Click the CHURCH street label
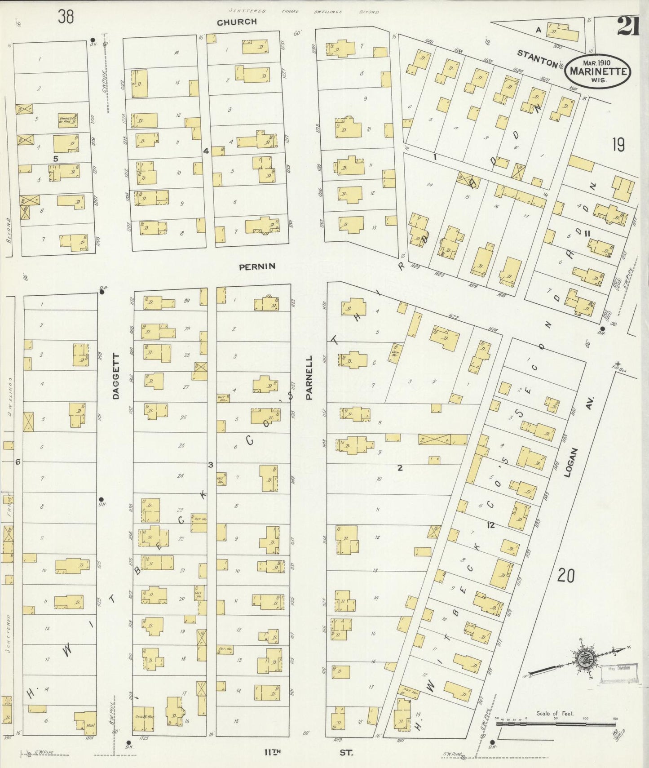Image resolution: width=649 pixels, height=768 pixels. (x=236, y=22)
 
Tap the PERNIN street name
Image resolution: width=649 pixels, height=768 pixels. (x=257, y=266)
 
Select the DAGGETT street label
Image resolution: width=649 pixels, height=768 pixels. (x=116, y=376)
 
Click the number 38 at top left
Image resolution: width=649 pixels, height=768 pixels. (x=66, y=17)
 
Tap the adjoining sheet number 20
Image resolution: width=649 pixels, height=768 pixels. (x=565, y=575)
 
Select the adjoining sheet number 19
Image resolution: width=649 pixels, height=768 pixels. (x=618, y=145)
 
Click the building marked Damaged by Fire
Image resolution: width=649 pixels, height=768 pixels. (x=67, y=120)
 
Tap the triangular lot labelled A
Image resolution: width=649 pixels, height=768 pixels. (x=538, y=30)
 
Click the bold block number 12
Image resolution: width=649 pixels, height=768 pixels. (x=490, y=524)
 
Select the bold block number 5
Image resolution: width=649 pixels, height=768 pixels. (x=56, y=158)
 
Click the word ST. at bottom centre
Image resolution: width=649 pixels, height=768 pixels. (x=346, y=752)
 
